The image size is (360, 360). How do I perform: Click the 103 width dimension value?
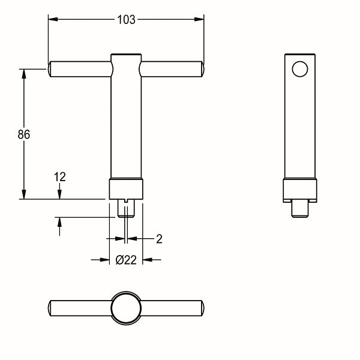tap(125, 19)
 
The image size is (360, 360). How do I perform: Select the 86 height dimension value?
tap(23, 134)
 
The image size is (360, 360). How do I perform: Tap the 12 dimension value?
tap(59, 176)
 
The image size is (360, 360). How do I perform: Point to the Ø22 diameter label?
tap(127, 260)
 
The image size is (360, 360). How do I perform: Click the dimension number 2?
tap(159, 239)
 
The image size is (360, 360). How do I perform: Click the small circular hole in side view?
tap(299, 69)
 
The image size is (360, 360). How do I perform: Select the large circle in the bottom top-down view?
tap(126, 308)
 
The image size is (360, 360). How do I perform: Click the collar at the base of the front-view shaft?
tap(126, 189)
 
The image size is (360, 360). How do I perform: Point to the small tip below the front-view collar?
tap(127, 209)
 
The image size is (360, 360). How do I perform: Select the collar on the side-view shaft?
tap(299, 190)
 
